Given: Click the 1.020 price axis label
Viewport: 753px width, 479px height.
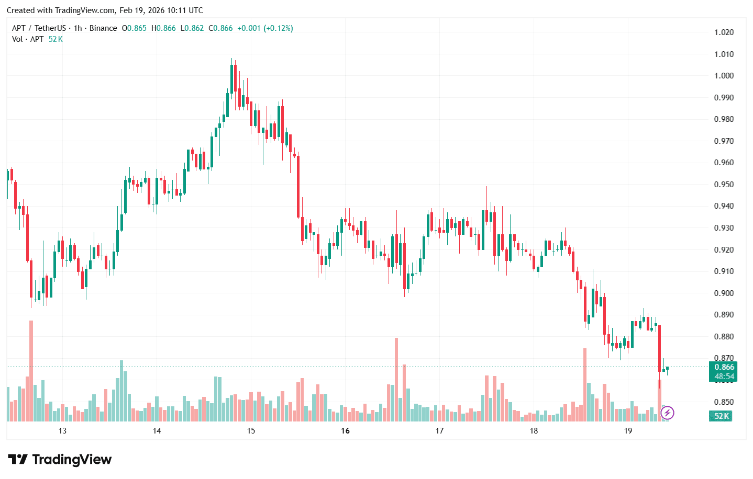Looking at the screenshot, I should (x=724, y=32).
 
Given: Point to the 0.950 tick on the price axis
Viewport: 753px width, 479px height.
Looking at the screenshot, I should (x=724, y=184).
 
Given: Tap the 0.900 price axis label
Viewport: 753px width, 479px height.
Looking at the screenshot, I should (x=724, y=293).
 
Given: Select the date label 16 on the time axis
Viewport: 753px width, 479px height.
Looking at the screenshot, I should (x=345, y=431).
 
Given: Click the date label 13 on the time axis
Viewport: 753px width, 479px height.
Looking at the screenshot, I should (x=62, y=431).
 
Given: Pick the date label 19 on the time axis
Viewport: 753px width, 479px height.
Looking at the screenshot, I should (x=628, y=431).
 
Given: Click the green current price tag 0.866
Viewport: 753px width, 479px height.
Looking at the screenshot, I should (x=724, y=367).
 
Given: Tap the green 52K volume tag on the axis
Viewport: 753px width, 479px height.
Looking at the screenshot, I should (x=721, y=416).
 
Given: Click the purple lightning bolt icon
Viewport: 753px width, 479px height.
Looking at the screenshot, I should (x=667, y=413).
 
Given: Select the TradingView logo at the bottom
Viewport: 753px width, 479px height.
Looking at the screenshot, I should (x=60, y=460).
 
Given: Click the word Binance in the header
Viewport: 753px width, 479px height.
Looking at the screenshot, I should (x=103, y=28).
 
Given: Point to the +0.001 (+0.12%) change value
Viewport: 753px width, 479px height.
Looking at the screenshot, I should (x=265, y=28).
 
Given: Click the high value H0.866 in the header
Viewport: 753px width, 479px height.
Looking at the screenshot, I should (x=163, y=28).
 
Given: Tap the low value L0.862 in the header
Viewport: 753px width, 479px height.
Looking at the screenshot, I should (x=192, y=28).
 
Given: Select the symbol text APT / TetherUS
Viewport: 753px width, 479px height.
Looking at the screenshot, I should (x=39, y=28).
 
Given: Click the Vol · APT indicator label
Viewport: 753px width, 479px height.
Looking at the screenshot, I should (x=28, y=39).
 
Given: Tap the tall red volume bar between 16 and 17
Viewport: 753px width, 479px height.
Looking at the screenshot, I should (x=396, y=379).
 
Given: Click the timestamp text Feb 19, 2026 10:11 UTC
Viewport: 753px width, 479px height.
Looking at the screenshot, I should (x=161, y=10).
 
